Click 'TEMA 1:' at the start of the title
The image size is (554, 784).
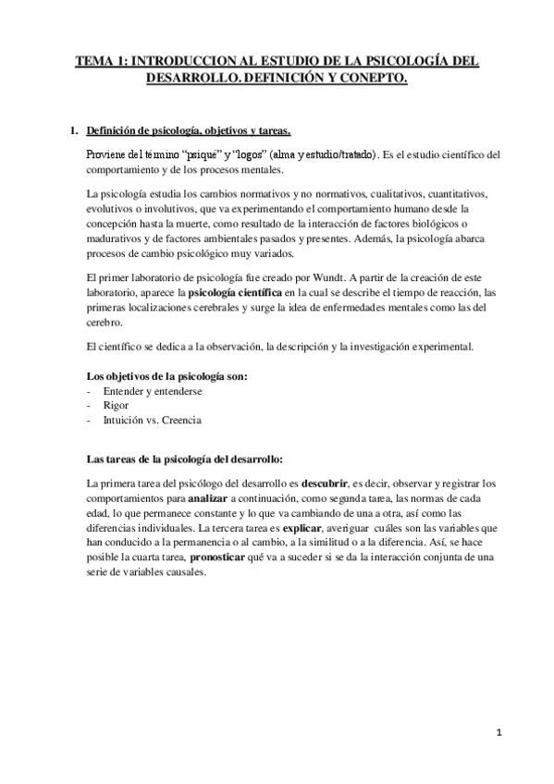click(102, 62)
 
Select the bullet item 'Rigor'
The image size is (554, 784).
click(117, 405)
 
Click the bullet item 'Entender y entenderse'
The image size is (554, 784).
click(153, 390)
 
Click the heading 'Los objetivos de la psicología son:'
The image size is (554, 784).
click(166, 375)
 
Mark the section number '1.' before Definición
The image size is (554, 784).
click(76, 130)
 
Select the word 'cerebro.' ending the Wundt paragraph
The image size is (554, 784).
click(104, 322)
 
